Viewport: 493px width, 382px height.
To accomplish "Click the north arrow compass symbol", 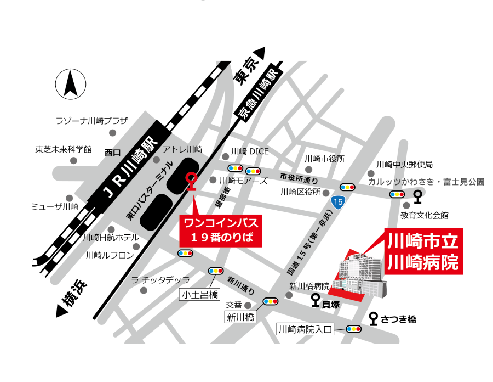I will [71, 85].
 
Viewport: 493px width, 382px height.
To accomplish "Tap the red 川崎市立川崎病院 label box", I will [422, 251].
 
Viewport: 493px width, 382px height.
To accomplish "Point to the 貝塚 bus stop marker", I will [316, 300].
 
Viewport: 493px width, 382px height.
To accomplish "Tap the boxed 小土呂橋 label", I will [199, 295].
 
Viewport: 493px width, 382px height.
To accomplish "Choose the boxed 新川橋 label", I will [240, 317].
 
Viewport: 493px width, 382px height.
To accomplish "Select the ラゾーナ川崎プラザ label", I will [91, 121].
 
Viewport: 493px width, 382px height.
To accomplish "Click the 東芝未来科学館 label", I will [64, 149].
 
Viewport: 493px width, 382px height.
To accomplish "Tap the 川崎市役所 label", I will [325, 159].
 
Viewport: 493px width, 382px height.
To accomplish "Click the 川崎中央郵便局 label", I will [404, 164].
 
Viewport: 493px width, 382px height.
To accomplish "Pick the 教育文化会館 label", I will [424, 215].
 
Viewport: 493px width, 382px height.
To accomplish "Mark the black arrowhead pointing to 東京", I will [259, 53].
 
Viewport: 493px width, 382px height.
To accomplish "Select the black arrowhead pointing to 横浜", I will [62, 311].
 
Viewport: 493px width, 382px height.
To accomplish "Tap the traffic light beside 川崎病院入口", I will [353, 329].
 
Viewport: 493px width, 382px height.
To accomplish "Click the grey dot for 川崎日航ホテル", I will [112, 229].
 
